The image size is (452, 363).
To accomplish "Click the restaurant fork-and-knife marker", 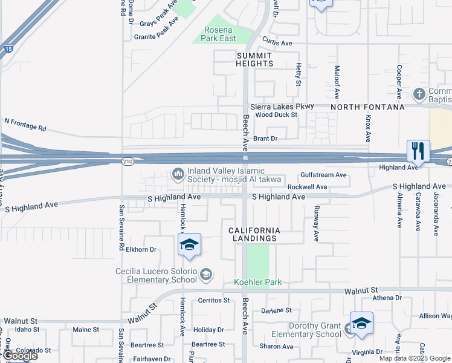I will click(418, 151).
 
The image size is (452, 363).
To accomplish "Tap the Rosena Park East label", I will click(219, 34).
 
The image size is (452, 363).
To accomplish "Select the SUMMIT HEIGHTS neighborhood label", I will click(254, 59).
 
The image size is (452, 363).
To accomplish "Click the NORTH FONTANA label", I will click(367, 107).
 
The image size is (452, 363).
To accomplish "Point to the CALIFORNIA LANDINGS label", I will click(254, 234).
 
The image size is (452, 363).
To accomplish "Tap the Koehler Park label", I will click(257, 283).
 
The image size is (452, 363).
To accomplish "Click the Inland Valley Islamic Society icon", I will click(178, 174).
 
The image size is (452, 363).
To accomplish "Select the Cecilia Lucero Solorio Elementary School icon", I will click(206, 275).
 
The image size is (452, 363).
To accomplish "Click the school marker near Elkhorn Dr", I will click(189, 244).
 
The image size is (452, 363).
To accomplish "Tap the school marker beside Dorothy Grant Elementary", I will click(361, 323).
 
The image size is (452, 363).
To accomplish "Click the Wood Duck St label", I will click(277, 114).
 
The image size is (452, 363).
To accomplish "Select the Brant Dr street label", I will click(265, 139).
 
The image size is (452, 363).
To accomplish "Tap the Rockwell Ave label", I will click(307, 188).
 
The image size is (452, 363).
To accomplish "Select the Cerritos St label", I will click(214, 300).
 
